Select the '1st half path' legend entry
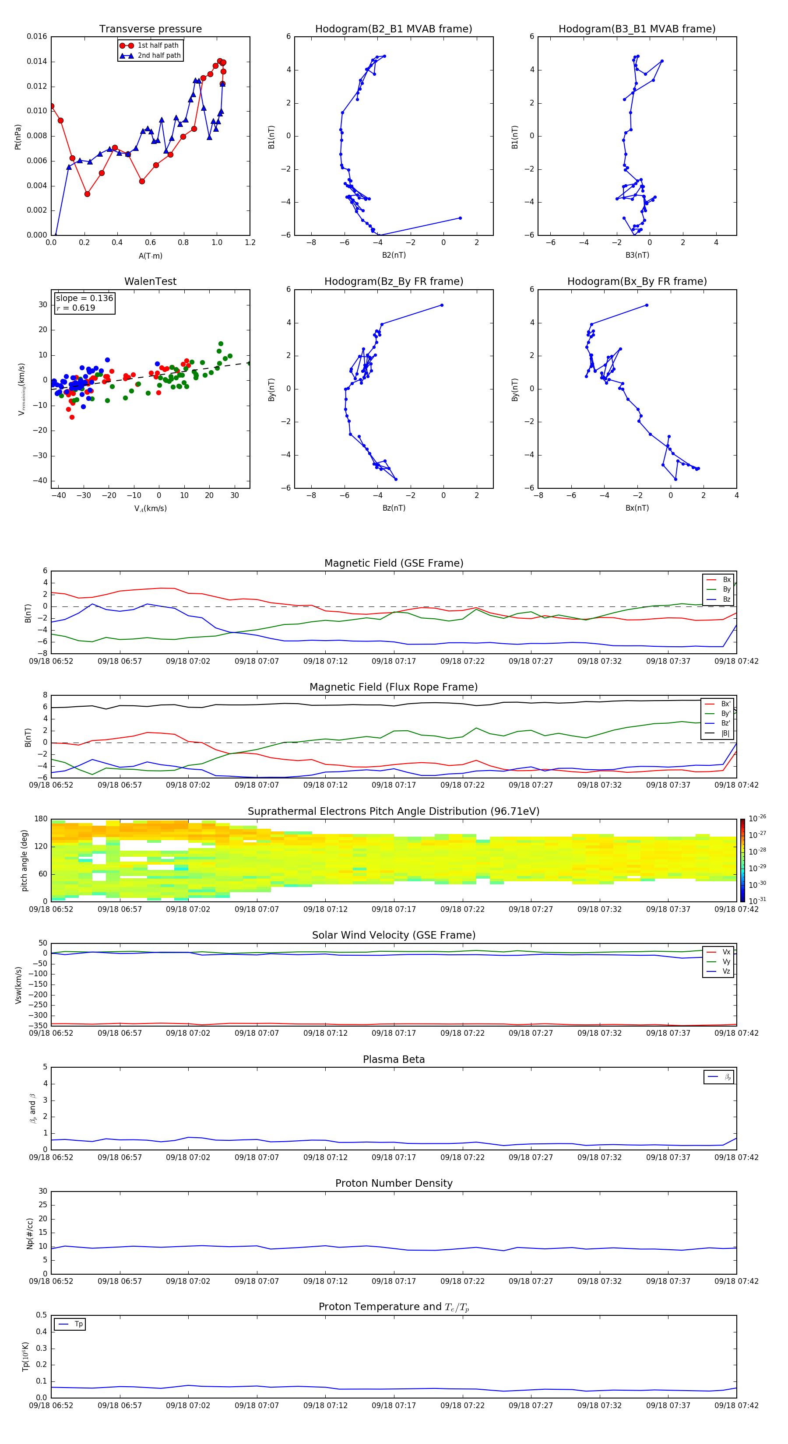[x=158, y=46]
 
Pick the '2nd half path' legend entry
[x=159, y=56]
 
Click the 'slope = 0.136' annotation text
[x=84, y=298]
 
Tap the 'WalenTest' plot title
[x=150, y=281]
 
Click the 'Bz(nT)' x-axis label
[x=394, y=508]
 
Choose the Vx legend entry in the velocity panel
[x=726, y=952]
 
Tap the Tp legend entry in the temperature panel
[x=78, y=1324]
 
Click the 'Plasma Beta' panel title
[x=393, y=1059]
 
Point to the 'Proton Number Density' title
[x=393, y=1183]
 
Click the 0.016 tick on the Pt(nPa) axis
[x=37, y=36]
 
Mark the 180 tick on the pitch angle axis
[x=41, y=819]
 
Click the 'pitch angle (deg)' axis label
[x=25, y=860]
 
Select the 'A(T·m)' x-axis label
[x=150, y=256]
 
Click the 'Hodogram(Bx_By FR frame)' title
[x=637, y=281]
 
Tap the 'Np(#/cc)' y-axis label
[x=30, y=1233]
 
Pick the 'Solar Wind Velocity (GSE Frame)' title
[x=393, y=935]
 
